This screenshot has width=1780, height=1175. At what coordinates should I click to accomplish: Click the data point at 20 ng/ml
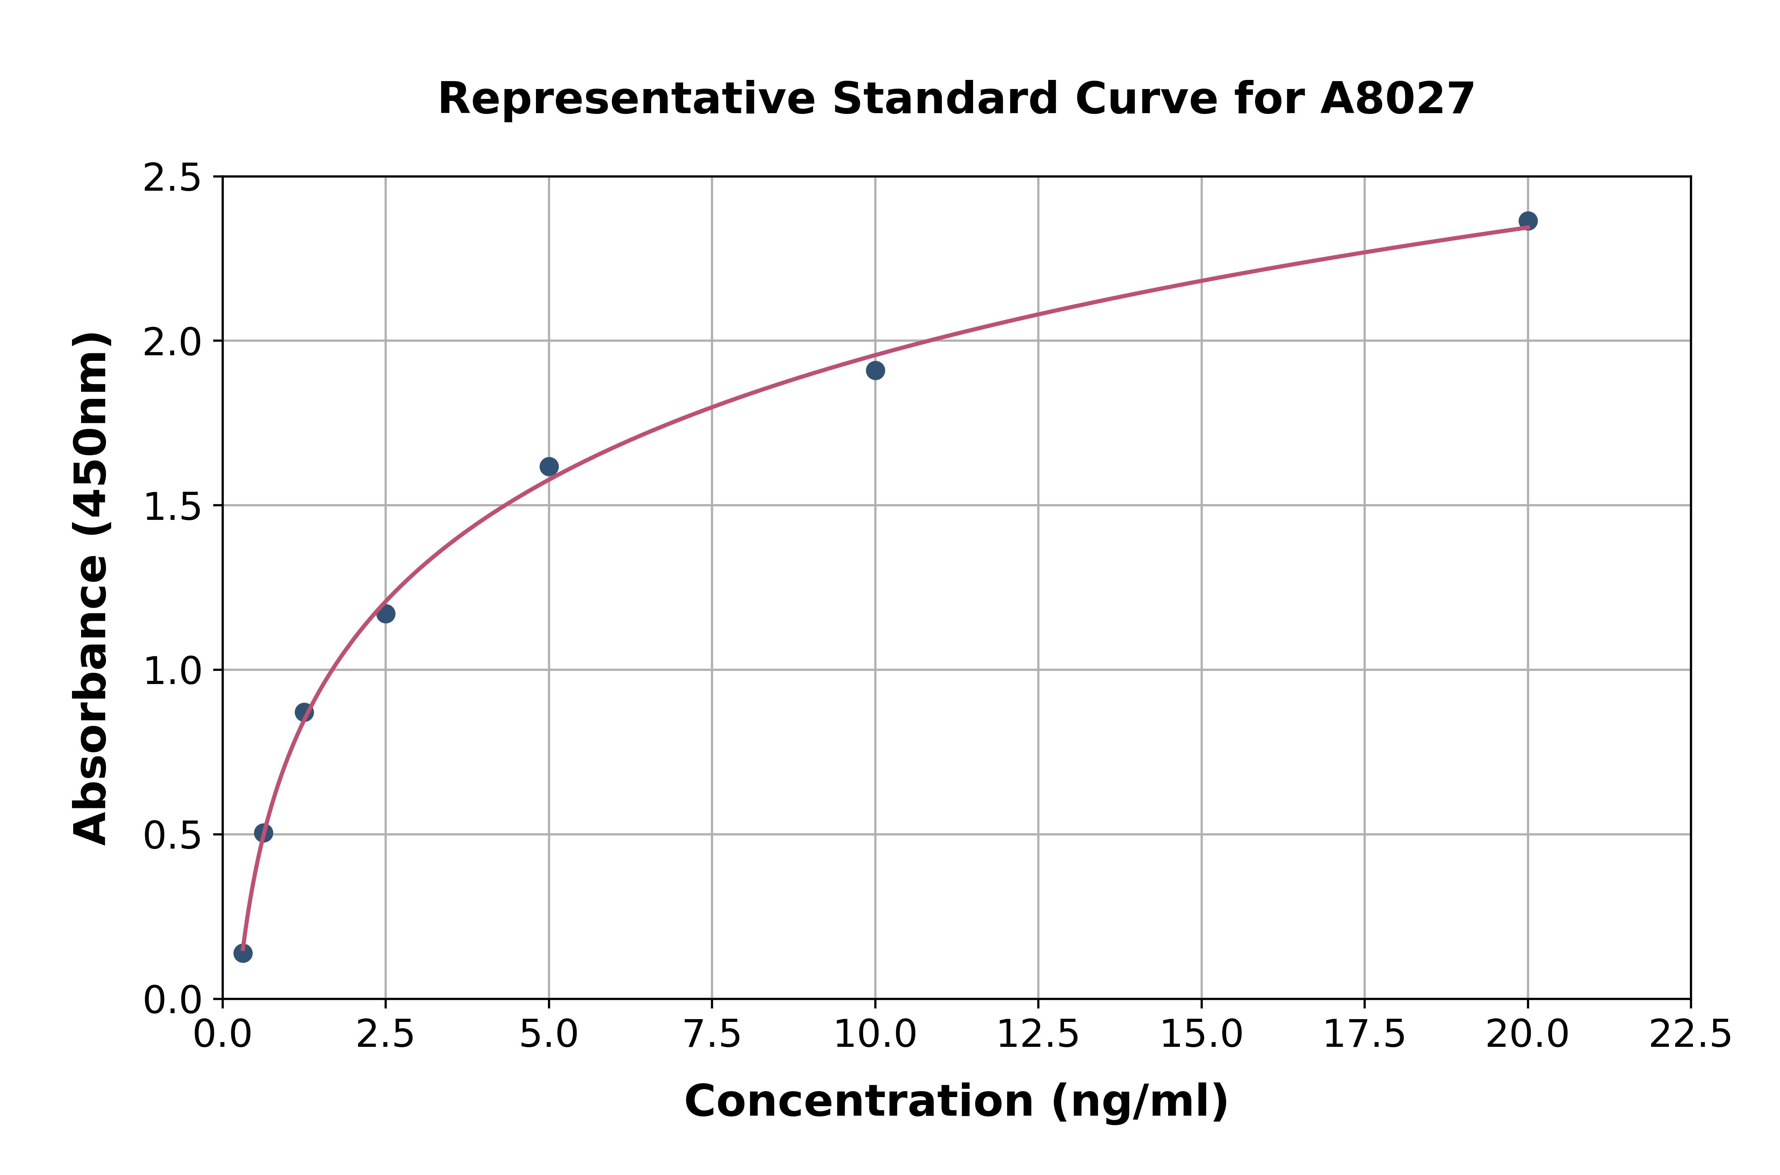point(1528,221)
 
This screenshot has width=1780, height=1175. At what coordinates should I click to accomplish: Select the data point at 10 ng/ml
point(875,370)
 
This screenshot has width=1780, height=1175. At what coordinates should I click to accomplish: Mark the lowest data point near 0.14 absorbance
point(243,953)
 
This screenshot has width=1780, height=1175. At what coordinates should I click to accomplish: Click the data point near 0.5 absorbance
point(263,833)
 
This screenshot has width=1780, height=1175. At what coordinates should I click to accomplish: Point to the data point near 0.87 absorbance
point(304,712)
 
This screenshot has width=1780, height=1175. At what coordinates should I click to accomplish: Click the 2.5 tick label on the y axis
point(172,178)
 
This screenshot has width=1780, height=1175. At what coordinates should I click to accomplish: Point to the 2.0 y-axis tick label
point(172,343)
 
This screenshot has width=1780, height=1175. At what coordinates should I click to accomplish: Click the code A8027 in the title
point(1397,99)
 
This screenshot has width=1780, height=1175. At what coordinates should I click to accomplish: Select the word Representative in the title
point(626,99)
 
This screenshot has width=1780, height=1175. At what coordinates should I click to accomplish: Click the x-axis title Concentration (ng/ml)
point(956,1101)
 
